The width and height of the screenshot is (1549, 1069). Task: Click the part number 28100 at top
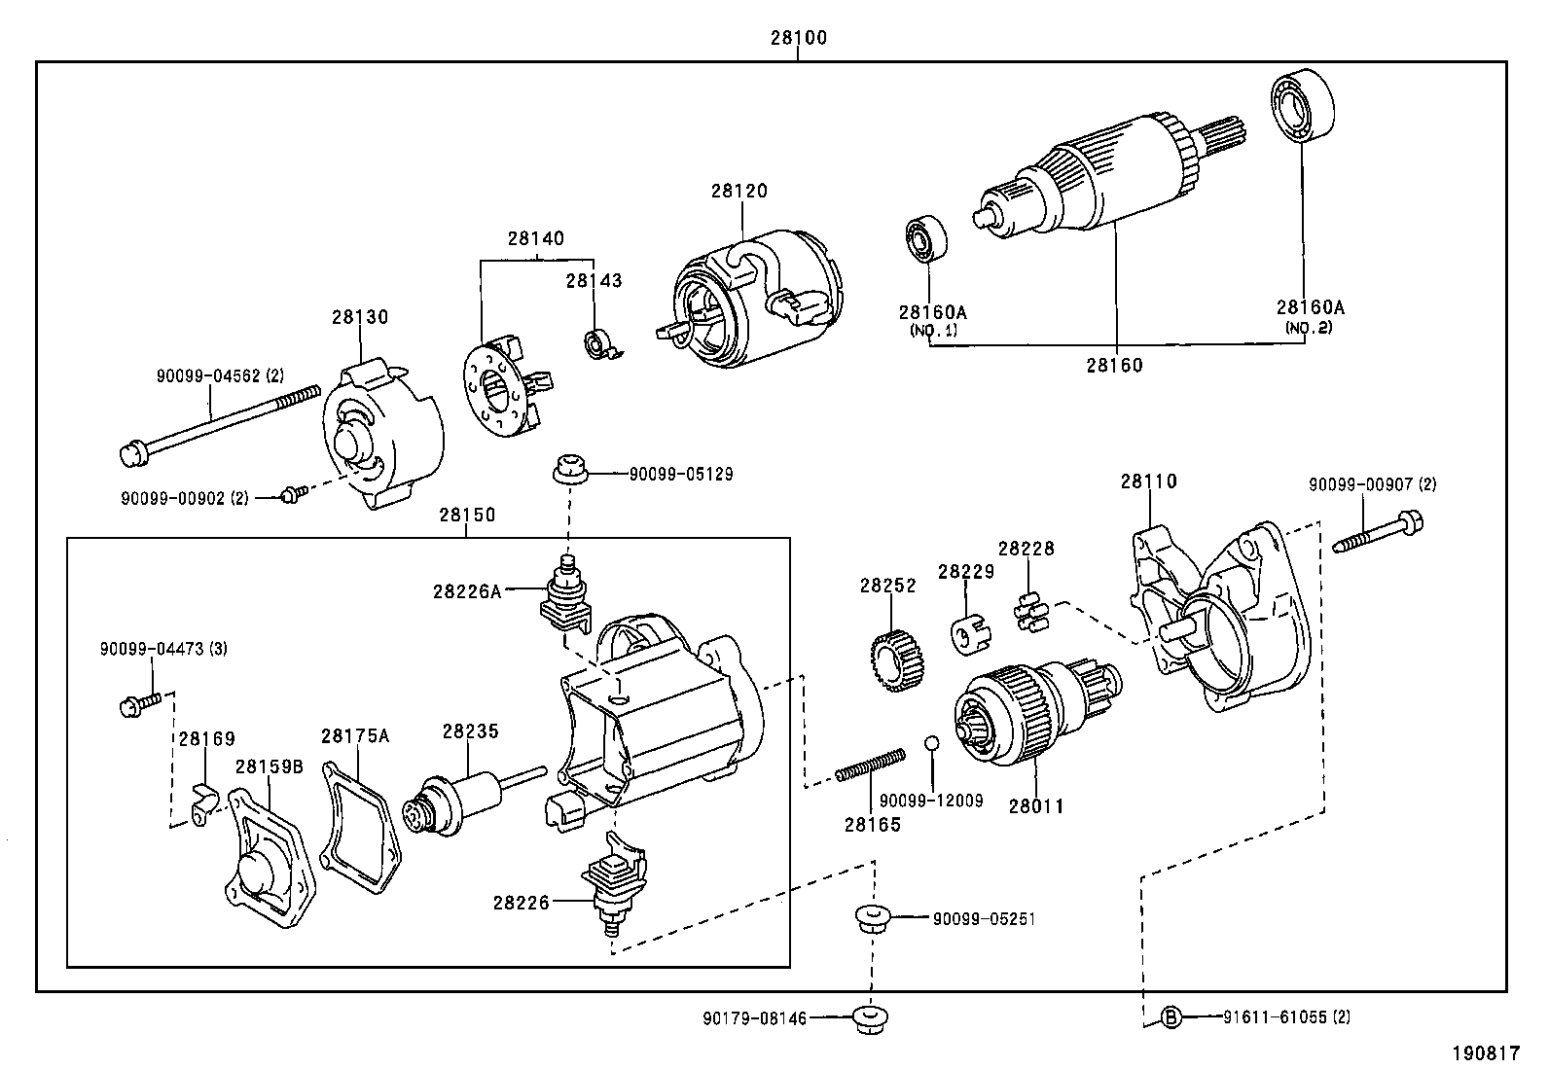798,38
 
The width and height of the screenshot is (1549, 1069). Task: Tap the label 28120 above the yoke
738,191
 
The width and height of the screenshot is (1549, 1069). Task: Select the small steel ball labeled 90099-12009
931,744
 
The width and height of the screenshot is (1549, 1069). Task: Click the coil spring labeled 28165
871,765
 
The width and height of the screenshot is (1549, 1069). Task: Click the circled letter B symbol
1172,1018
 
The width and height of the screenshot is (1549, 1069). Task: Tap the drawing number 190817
1487,1052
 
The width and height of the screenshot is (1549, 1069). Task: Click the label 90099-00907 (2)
1372,484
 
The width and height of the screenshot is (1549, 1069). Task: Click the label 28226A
467,590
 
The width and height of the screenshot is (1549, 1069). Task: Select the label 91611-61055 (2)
1286,1018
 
